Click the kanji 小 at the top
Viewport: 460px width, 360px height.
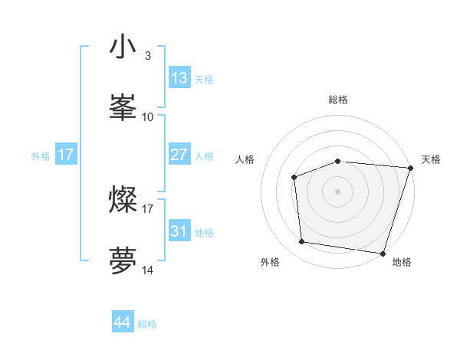point(123,47)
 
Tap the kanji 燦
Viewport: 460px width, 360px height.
point(123,200)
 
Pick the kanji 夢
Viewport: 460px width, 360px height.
point(123,260)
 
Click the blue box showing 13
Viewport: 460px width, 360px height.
point(179,78)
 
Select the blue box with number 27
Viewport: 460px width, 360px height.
point(179,155)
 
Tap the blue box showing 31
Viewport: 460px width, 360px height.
point(179,231)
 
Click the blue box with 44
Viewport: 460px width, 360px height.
point(123,322)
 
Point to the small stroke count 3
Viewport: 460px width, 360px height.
point(147,56)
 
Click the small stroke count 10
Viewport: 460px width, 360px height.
point(148,116)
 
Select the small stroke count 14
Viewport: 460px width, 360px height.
point(148,270)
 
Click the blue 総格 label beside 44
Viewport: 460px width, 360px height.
point(147,324)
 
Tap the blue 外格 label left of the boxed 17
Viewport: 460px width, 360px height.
point(41,155)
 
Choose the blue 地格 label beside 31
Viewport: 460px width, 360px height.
point(204,233)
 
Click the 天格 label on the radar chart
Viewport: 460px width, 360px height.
point(431,159)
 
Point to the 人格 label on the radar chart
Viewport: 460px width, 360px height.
point(245,159)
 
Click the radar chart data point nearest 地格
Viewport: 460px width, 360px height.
point(383,253)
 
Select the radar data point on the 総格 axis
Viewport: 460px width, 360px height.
point(337,161)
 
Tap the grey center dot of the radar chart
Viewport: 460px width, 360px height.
point(337,191)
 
